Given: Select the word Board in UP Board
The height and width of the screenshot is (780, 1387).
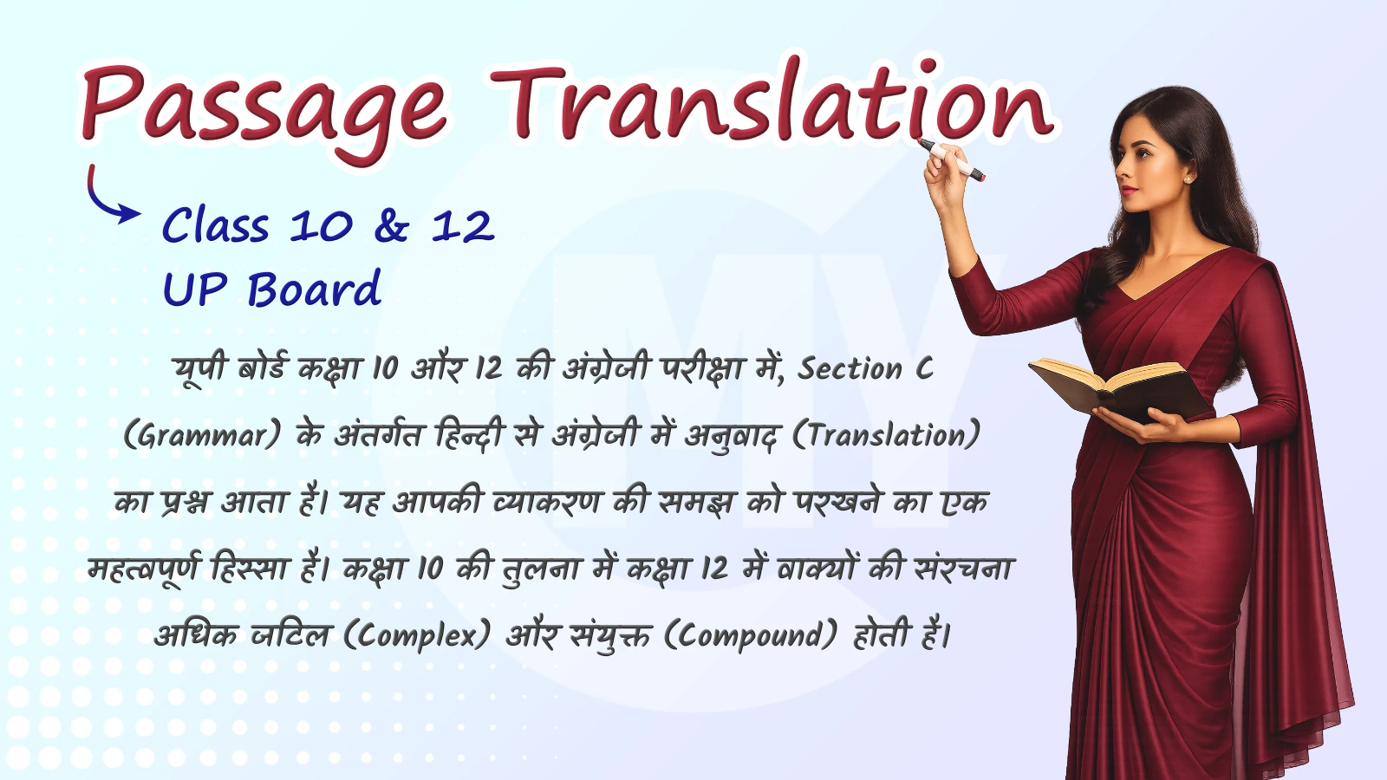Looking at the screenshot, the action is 315,289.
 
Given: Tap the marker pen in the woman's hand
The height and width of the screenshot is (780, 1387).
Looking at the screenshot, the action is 952,160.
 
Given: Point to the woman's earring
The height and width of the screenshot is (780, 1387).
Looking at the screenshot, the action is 1188,179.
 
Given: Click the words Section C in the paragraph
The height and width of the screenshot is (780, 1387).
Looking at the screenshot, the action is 865,369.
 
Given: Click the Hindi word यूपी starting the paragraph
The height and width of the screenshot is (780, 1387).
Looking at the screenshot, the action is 200,369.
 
